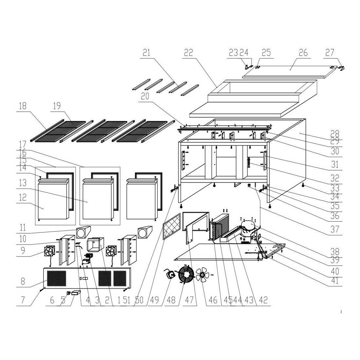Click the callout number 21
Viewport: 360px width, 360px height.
click(x=147, y=53)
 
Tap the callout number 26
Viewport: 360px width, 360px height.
click(x=303, y=53)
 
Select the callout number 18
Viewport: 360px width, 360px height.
click(x=23, y=106)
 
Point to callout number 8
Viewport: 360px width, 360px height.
click(x=23, y=281)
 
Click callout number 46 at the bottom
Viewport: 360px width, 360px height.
click(x=213, y=300)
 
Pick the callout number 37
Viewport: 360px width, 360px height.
click(x=335, y=229)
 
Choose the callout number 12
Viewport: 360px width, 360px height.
click(x=23, y=197)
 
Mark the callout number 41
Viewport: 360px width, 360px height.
click(x=335, y=280)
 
